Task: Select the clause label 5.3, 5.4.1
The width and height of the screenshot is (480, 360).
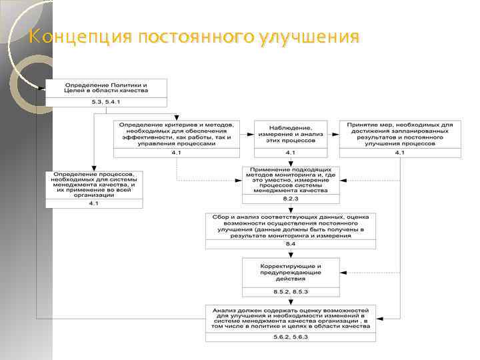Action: (x=106, y=102)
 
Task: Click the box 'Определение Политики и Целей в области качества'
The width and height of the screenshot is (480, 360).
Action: (x=106, y=88)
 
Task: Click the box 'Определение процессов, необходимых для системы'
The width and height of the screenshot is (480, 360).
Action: (x=94, y=185)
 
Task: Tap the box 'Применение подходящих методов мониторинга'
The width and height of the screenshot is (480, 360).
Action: (x=291, y=180)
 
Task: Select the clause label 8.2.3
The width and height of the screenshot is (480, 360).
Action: (x=291, y=199)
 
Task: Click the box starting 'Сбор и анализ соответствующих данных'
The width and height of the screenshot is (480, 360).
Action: (x=291, y=226)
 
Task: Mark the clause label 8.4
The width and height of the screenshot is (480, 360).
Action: (x=291, y=245)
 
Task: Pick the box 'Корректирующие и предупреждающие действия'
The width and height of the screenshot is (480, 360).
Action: (x=291, y=271)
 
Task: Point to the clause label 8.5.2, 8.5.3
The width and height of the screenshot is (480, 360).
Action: (x=291, y=291)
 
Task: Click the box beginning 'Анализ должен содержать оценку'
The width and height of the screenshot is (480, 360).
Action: (x=291, y=318)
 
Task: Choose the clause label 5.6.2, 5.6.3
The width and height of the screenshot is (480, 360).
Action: (x=291, y=337)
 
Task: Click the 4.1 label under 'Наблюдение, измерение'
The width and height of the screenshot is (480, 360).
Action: (x=291, y=153)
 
